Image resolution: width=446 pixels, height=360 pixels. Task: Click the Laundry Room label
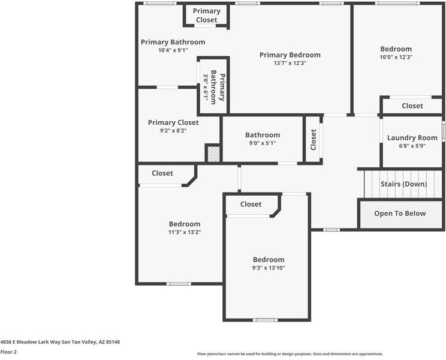click(x=412, y=137)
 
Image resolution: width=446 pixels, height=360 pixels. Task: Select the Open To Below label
click(x=400, y=213)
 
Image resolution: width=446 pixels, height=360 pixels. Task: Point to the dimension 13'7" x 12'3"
click(x=290, y=63)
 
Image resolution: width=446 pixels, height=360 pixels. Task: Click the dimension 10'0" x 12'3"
click(x=396, y=57)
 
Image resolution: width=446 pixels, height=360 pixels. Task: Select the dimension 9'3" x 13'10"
click(x=268, y=268)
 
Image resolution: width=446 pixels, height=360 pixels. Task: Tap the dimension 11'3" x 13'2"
click(x=184, y=232)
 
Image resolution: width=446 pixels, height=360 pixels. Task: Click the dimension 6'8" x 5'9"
click(x=412, y=145)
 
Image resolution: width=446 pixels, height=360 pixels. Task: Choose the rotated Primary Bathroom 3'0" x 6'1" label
click(x=213, y=87)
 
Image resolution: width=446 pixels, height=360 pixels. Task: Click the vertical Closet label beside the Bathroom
click(x=313, y=140)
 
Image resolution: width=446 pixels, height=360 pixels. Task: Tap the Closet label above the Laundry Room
click(x=412, y=106)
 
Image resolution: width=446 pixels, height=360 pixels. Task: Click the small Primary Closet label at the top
click(x=206, y=16)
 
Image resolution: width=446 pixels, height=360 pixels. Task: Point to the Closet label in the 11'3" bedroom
click(x=162, y=173)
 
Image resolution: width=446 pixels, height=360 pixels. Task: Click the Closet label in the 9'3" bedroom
click(x=251, y=204)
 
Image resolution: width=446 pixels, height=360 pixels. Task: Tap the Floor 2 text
click(x=8, y=352)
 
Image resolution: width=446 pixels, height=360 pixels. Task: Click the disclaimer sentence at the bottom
click(x=290, y=354)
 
